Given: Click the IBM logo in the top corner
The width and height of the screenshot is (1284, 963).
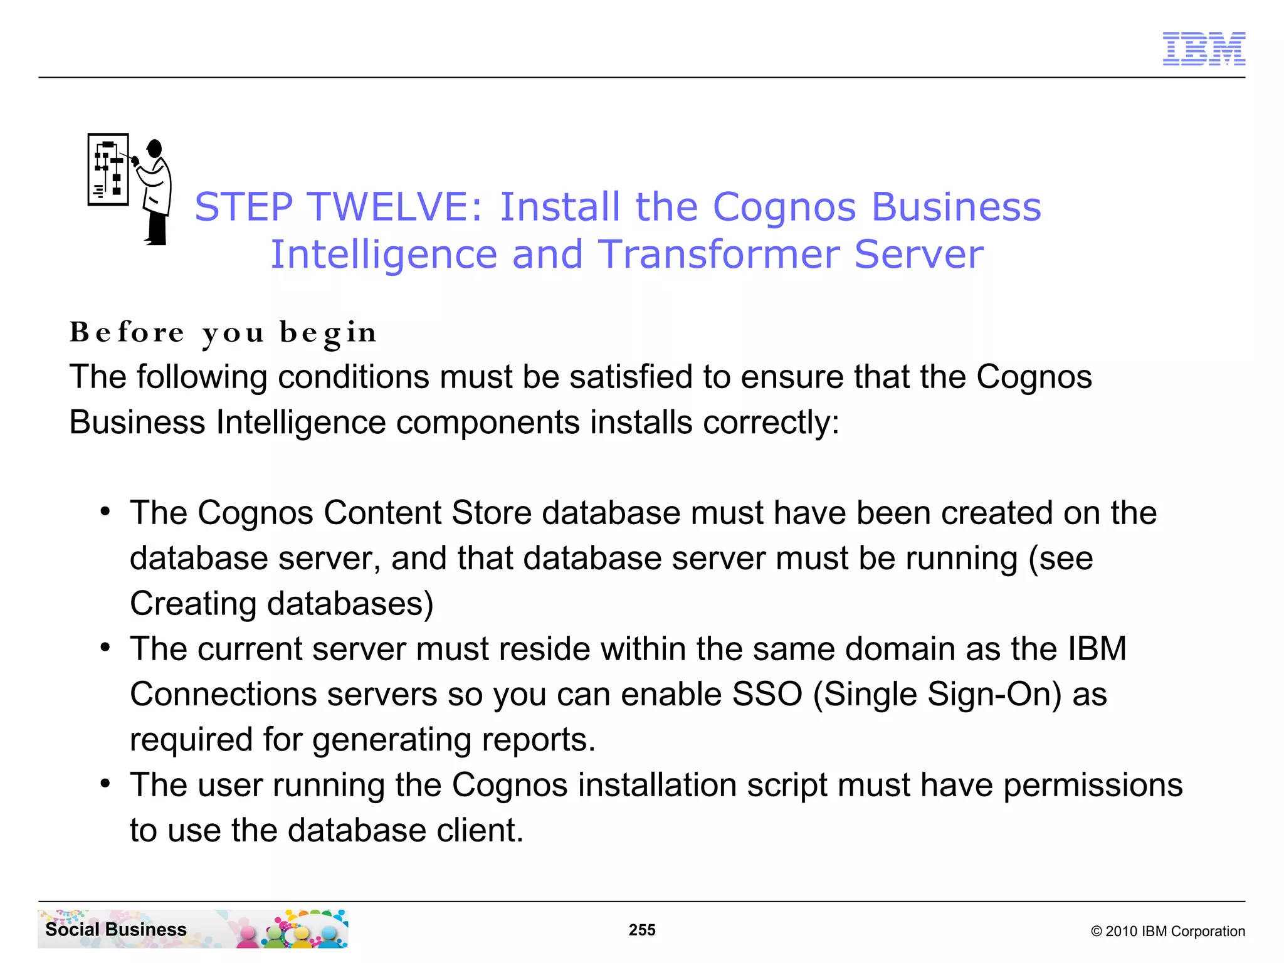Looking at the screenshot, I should [1204, 49].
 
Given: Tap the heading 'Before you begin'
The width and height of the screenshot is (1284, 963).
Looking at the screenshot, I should [223, 332].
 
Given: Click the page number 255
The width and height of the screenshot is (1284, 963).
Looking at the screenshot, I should [642, 930].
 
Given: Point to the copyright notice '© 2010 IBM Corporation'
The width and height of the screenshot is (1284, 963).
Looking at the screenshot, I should [1167, 931].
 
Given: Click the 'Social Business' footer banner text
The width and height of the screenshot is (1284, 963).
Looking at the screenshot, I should [116, 929].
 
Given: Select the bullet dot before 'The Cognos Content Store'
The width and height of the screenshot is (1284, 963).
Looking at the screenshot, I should [105, 512].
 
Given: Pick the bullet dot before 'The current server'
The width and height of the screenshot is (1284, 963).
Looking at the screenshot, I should [105, 648].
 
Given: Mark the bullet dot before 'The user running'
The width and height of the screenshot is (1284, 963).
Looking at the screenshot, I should [105, 784].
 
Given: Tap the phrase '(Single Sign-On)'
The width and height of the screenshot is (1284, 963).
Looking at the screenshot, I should [937, 694].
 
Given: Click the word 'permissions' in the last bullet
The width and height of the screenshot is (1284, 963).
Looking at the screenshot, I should [1093, 785].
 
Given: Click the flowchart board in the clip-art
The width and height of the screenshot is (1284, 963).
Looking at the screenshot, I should [108, 169].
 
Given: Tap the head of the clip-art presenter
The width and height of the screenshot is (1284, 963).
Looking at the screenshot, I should [155, 149].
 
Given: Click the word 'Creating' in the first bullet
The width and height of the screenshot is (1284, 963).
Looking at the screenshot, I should [193, 603].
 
